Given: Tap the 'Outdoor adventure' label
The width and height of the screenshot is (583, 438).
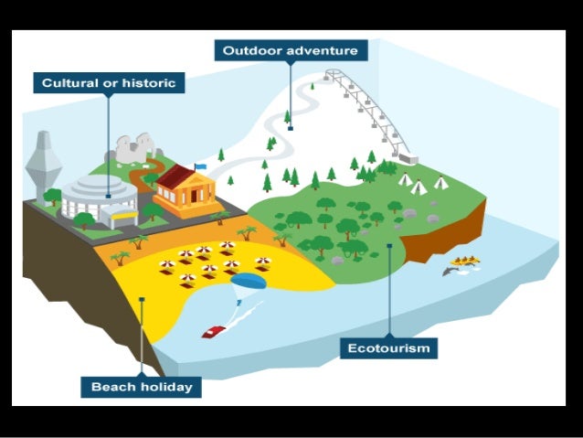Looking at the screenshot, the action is coord(291,49).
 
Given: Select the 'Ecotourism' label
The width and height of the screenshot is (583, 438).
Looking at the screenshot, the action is coord(388,347).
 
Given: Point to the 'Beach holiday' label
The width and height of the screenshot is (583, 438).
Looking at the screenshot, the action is coord(142,387).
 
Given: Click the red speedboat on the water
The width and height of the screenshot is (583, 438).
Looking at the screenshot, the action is coord(214,331).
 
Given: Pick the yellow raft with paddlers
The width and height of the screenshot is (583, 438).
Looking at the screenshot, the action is coord(465,262).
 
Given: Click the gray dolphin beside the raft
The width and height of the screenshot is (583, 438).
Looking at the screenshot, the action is coord(450,271).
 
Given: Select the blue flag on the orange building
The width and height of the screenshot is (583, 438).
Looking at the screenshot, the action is coord(198,166).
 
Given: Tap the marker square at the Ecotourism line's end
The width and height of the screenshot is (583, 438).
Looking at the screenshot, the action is coord(389,245).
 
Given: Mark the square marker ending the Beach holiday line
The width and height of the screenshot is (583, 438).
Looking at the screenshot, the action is coord(142,297).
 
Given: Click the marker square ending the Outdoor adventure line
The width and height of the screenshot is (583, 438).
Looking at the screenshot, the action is coord(291,128).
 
